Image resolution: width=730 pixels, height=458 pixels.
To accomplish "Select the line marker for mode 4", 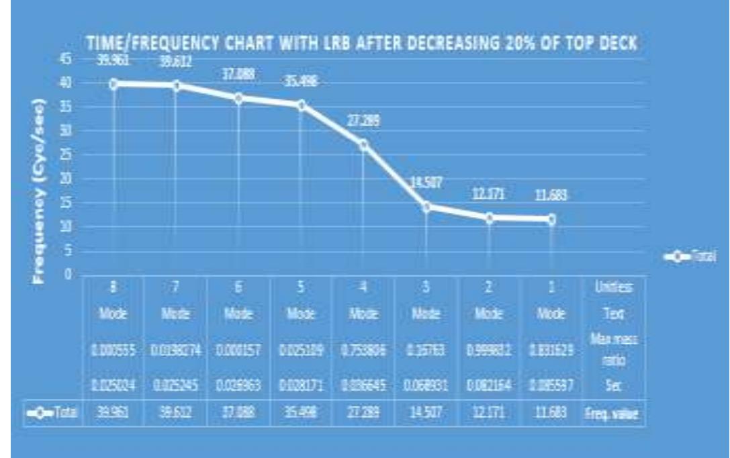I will pos(363,144).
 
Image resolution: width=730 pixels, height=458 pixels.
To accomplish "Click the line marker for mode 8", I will pos(113,84).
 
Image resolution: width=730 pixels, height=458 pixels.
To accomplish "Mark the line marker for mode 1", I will pos(551,219).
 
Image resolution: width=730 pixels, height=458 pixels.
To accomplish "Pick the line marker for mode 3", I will pos(426,206).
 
